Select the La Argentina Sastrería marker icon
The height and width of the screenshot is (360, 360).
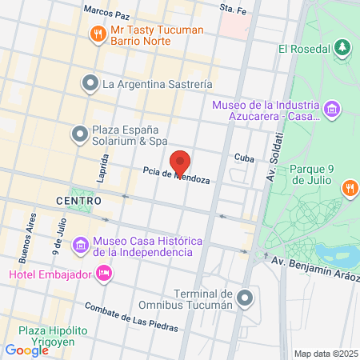pos(90,82)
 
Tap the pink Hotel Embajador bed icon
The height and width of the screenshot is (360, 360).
pos(103,274)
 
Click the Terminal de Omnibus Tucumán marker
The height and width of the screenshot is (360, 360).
pos(246,298)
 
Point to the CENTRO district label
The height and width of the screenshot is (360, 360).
pos(79,200)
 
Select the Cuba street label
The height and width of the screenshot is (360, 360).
pos(244,158)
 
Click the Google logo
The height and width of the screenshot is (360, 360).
pos(26,350)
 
